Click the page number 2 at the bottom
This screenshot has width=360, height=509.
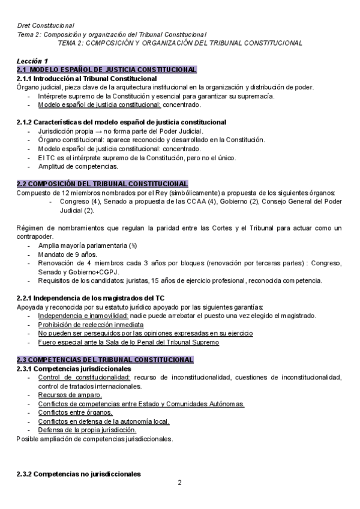pos(179,483)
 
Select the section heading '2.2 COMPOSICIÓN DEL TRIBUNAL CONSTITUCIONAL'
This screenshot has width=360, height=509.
pos(103,184)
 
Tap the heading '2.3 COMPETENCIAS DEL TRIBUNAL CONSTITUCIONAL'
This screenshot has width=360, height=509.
pos(105,360)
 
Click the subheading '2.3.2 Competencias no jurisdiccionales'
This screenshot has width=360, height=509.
pos(79,474)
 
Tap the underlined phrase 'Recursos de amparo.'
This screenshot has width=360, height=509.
pos(70,395)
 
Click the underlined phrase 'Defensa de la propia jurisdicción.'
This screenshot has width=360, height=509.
pos(87,430)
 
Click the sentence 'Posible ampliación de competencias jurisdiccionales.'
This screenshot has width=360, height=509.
pos(95,439)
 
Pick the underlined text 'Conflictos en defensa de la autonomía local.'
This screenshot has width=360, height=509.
pos(103,421)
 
